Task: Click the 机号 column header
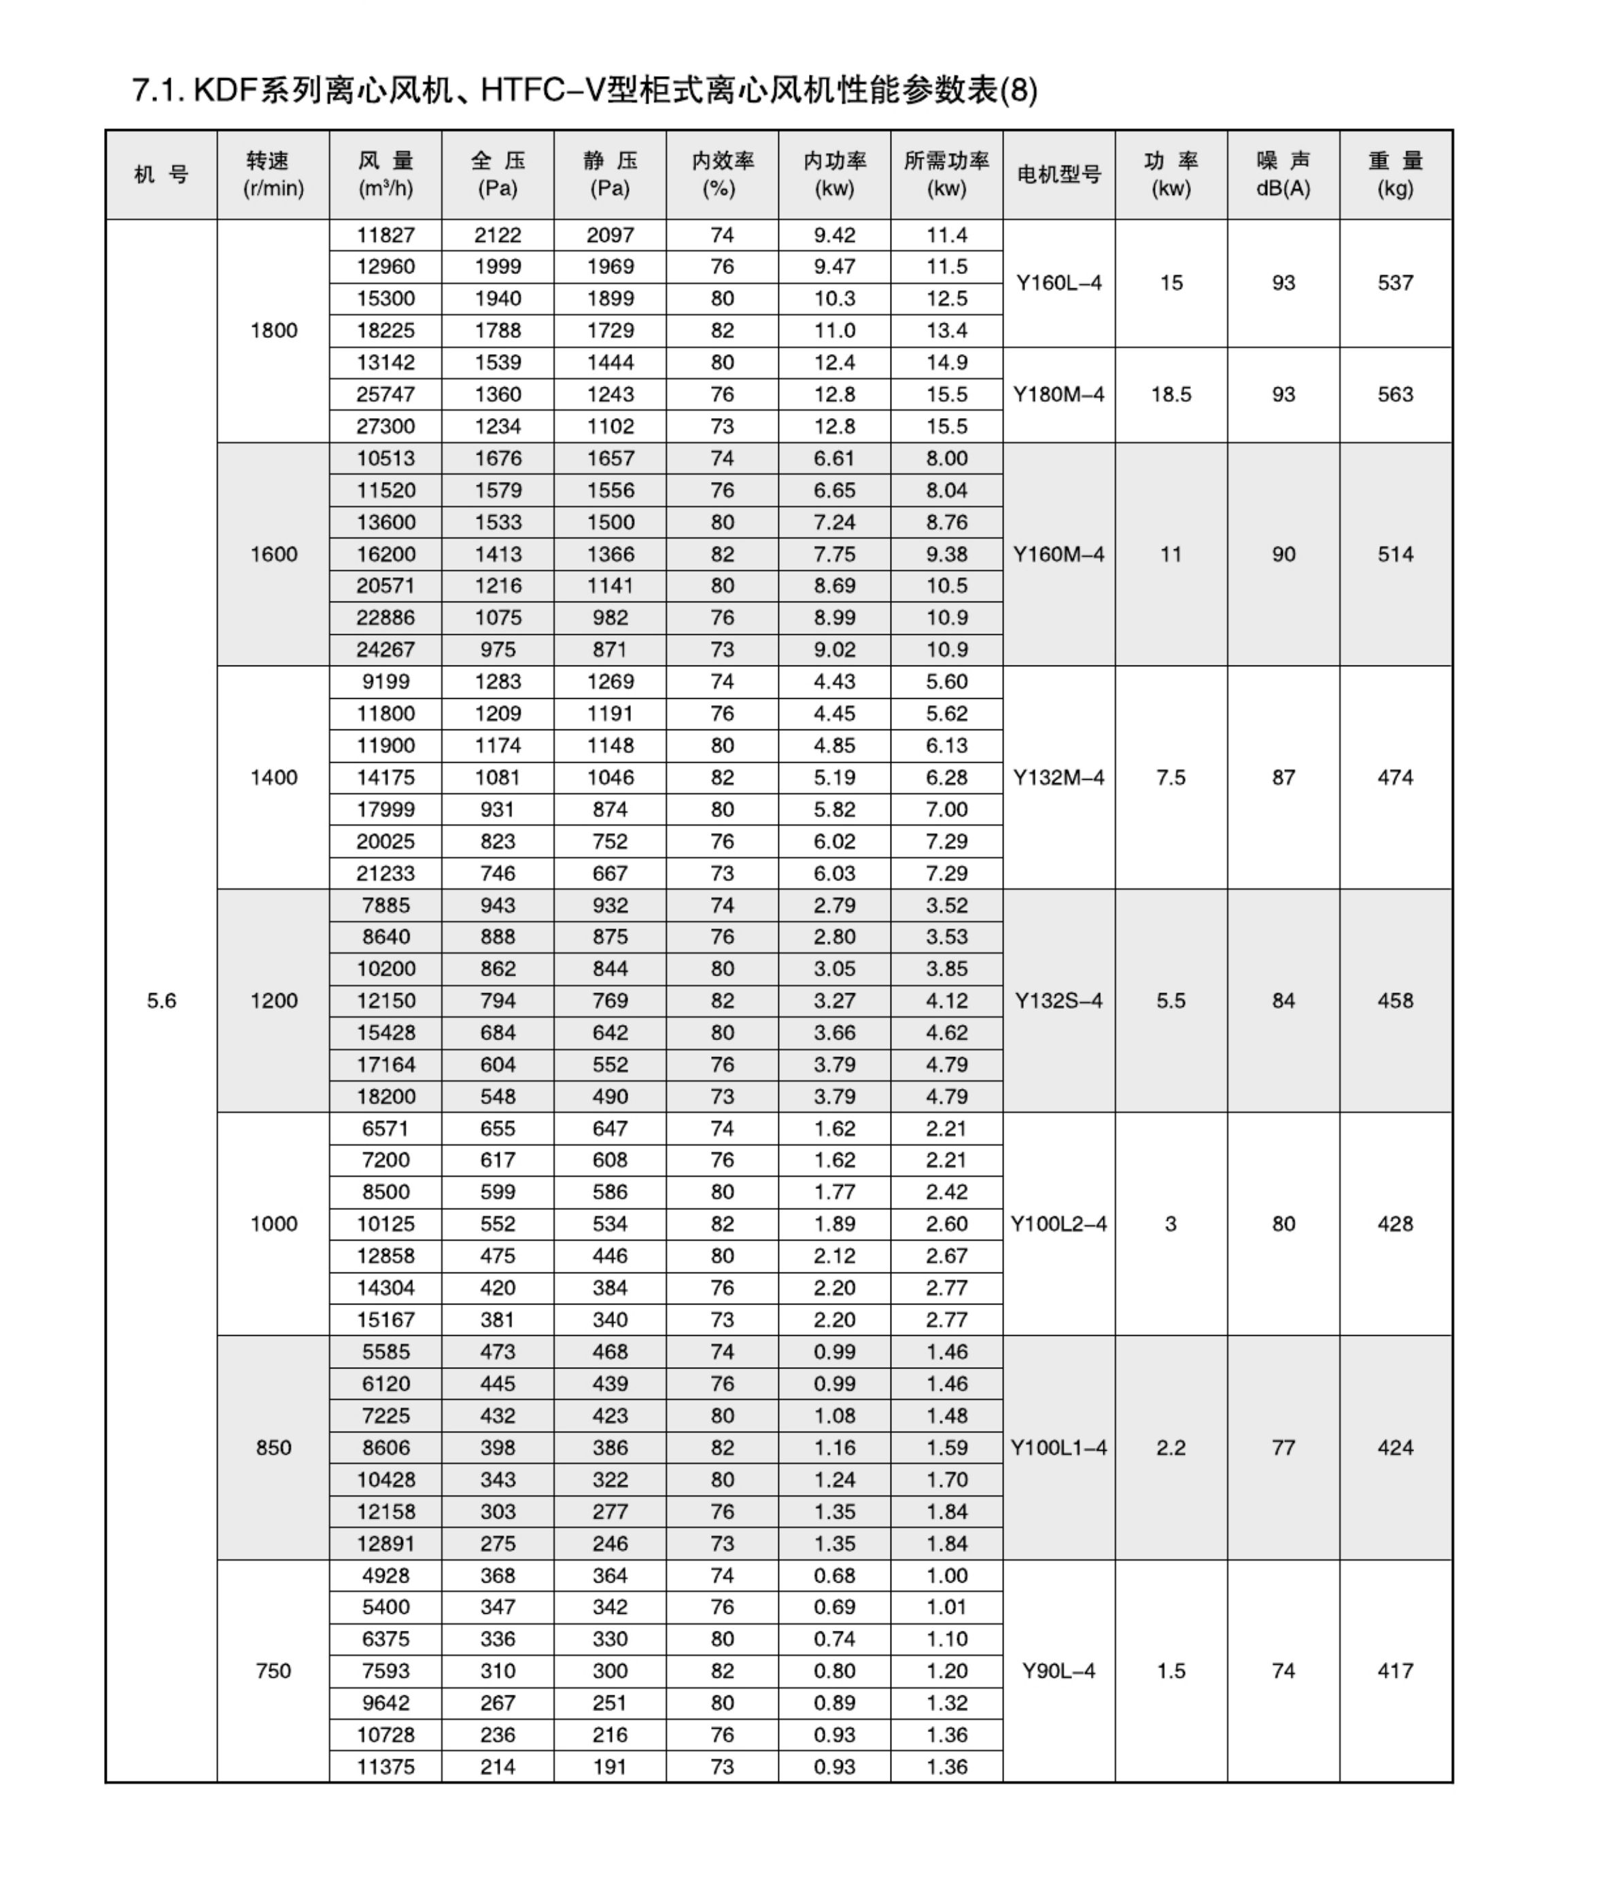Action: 161,174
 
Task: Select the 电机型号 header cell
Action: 1058,174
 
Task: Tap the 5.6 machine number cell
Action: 161,1001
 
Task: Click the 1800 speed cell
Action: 273,330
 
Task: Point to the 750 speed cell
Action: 273,1671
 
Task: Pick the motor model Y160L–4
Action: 1058,282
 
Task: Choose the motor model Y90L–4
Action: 1058,1671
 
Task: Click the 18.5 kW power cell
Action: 1171,394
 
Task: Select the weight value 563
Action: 1395,394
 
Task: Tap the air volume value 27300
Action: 385,426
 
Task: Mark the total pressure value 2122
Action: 498,235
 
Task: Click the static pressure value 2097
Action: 610,235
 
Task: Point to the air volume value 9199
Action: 385,681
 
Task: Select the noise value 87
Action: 1284,778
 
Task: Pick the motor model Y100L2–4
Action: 1058,1223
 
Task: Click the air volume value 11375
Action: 385,1767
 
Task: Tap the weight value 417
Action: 1395,1671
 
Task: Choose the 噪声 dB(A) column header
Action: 1284,174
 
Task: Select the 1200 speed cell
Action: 273,1001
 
